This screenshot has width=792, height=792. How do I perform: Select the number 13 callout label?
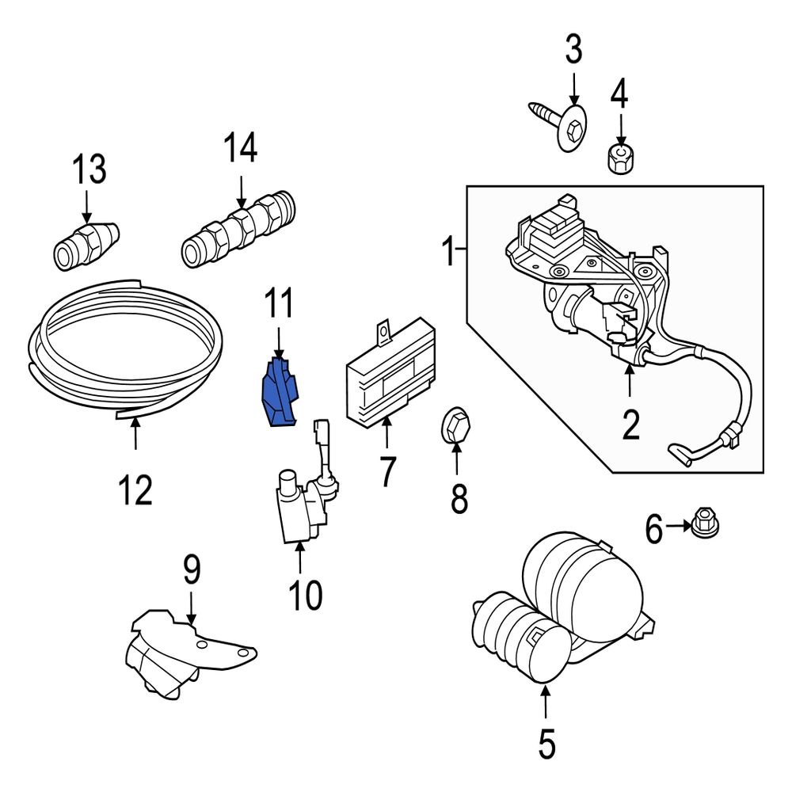click(x=89, y=169)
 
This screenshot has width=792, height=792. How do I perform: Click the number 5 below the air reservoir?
click(x=546, y=744)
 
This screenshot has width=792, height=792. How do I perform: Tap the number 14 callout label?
click(x=241, y=148)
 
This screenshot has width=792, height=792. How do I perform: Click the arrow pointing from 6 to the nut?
click(x=678, y=525)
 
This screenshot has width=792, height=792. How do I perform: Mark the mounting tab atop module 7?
click(x=385, y=330)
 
